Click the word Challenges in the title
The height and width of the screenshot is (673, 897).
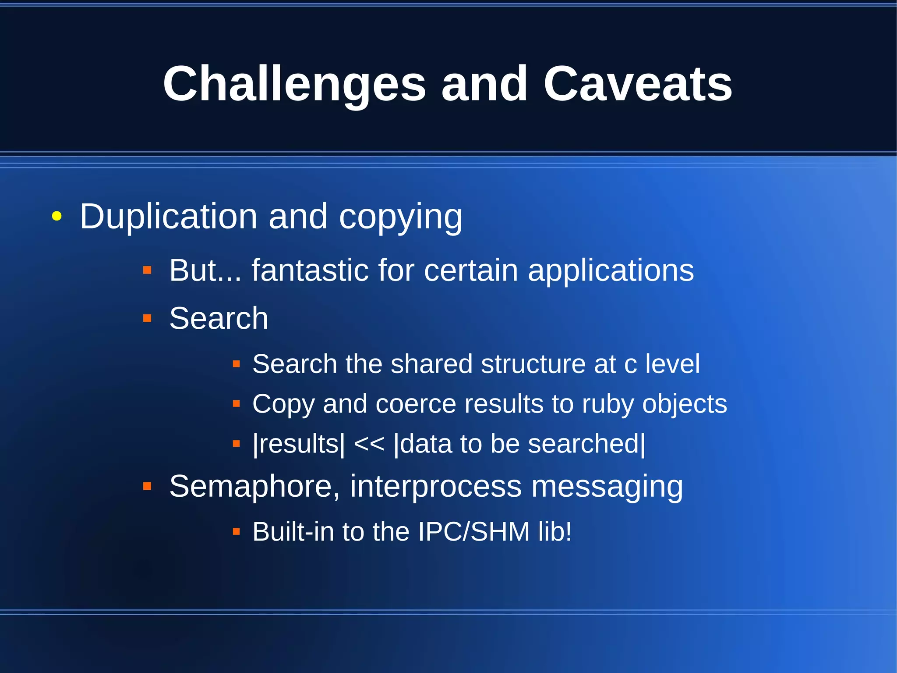(x=294, y=84)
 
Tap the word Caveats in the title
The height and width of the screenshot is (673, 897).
(x=638, y=83)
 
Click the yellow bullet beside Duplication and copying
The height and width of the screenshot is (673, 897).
(x=57, y=216)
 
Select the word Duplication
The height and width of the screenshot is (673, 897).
(x=168, y=216)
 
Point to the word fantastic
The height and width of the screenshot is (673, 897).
(x=310, y=270)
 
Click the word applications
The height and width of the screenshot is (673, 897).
(x=611, y=271)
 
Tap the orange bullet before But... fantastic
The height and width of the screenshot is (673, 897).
(x=147, y=270)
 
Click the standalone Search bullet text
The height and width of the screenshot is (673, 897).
(x=219, y=318)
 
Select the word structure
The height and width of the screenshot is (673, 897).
(x=533, y=364)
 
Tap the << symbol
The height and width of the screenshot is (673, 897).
(x=369, y=444)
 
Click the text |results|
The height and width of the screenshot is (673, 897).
(x=299, y=444)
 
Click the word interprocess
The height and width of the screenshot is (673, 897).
(x=436, y=487)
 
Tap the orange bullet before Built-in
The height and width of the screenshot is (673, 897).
(x=237, y=532)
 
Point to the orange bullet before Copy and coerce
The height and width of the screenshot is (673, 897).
(x=237, y=404)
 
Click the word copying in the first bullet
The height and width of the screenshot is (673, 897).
(x=400, y=217)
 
